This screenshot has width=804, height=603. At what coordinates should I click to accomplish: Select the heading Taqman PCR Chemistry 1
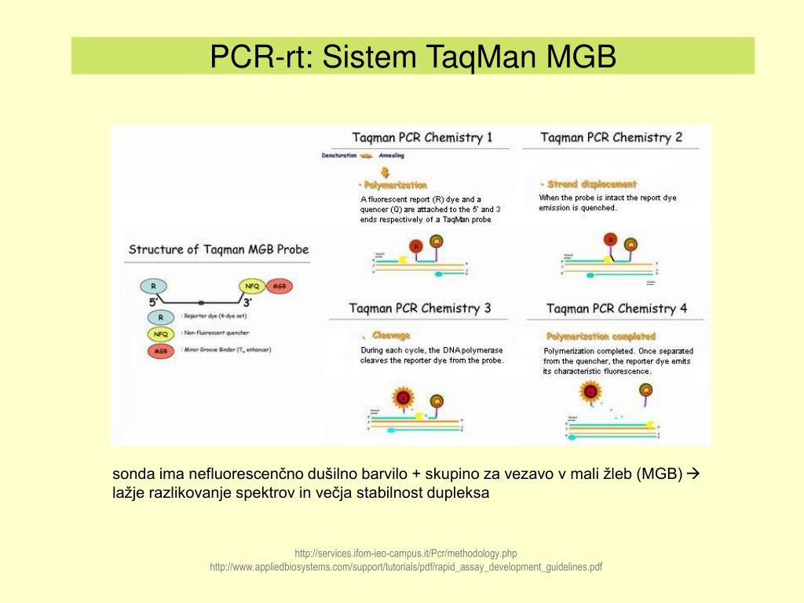(422, 137)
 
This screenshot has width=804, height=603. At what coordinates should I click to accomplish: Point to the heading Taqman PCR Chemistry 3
(420, 308)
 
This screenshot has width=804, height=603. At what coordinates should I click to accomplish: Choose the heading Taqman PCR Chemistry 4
(616, 309)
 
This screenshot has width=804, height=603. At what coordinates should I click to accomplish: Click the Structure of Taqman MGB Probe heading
(218, 250)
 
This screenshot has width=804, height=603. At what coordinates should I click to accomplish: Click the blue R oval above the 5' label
(153, 287)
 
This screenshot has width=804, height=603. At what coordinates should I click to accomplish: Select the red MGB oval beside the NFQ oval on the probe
(279, 287)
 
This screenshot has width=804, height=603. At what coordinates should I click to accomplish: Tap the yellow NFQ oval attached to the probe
(252, 287)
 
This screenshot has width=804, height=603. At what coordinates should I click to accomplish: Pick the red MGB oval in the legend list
(160, 350)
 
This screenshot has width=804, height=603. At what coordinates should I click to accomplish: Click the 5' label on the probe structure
(153, 302)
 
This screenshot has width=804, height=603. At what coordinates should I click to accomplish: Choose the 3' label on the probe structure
(247, 302)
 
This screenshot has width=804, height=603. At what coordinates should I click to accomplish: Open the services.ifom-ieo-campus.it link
(406, 553)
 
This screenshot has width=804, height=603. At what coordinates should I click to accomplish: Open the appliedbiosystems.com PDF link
(406, 567)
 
